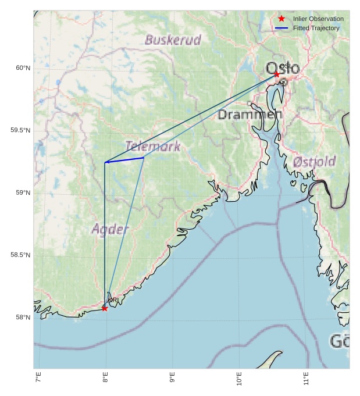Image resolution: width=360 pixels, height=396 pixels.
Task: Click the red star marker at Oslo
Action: click(x=277, y=74)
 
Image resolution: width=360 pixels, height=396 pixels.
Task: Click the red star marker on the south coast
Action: click(x=105, y=308)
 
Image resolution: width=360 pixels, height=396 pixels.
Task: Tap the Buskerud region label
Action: click(x=173, y=40)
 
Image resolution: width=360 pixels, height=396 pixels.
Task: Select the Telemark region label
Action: click(x=152, y=146)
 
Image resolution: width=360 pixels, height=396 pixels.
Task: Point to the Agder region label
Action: click(x=109, y=229)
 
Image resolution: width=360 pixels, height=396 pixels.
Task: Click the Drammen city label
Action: click(x=250, y=115)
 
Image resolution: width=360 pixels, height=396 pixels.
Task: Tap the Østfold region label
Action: click(x=314, y=162)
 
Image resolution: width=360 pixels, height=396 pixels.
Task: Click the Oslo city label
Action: click(x=283, y=69)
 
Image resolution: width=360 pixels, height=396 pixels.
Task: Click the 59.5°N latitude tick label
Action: click(x=20, y=130)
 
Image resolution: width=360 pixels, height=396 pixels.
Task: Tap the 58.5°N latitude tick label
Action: click(x=20, y=255)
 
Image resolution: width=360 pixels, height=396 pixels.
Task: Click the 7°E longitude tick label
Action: click(x=38, y=380)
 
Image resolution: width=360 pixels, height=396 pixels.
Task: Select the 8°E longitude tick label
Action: click(x=105, y=380)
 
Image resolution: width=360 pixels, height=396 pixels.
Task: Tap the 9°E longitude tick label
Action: click(x=172, y=380)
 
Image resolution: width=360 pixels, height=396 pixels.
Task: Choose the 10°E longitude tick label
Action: click(x=239, y=380)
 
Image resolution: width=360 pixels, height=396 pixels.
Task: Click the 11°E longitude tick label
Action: click(x=306, y=380)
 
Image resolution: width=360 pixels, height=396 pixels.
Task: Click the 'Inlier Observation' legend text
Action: click(x=318, y=19)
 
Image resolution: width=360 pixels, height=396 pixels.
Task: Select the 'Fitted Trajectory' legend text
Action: click(x=316, y=28)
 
